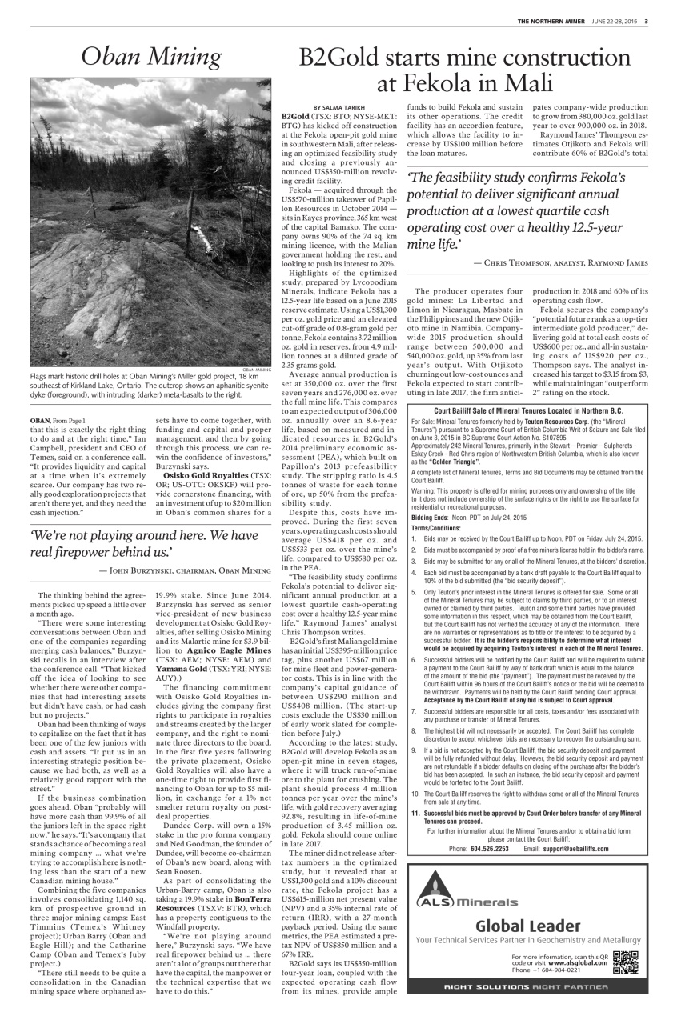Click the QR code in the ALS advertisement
click(625, 961)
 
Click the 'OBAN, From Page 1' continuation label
click(57, 419)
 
